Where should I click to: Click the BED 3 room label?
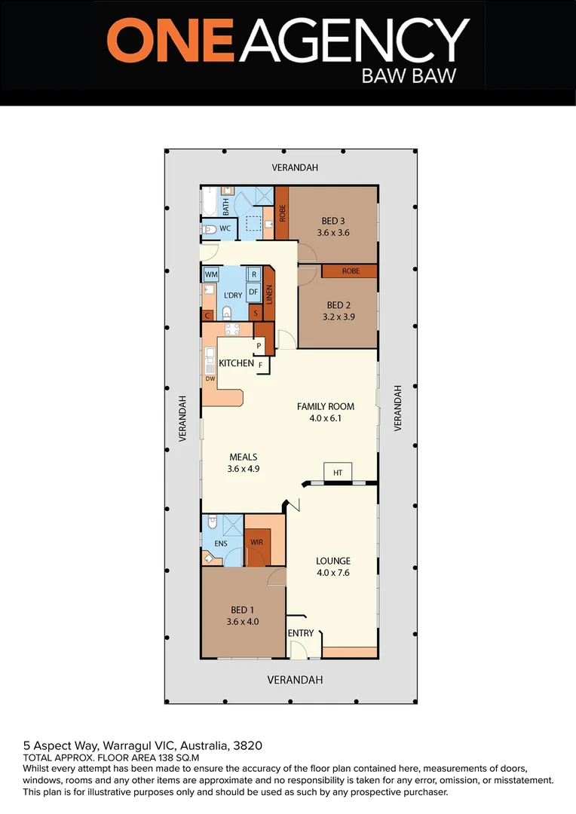332,221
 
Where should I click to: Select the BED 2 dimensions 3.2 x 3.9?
338,317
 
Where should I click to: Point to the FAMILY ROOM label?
325,406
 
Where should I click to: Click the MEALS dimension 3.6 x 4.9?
244,469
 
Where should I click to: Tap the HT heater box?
338,473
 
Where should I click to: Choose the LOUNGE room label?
332,561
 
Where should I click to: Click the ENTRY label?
301,633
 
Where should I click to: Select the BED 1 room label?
243,610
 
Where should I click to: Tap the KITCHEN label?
236,363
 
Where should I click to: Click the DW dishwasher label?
210,378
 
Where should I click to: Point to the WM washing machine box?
210,275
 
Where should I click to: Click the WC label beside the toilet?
225,228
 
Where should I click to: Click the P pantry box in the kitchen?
259,346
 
